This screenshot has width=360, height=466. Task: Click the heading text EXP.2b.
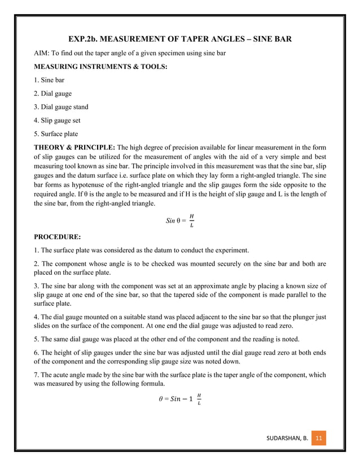pos(85,40)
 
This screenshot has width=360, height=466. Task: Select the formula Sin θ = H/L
pos(180,220)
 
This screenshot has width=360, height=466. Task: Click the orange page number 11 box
pos(319,437)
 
